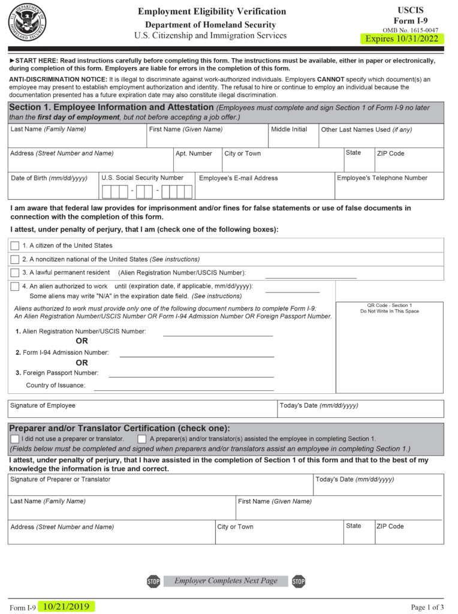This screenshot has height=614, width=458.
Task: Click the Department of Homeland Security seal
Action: pyautogui.click(x=26, y=21)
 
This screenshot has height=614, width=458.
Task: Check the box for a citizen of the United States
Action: pyautogui.click(x=15, y=245)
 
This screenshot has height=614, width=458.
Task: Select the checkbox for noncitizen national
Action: pyautogui.click(x=15, y=259)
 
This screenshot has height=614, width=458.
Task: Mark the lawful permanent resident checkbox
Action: pyautogui.click(x=15, y=273)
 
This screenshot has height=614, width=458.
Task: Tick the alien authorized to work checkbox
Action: pyautogui.click(x=15, y=287)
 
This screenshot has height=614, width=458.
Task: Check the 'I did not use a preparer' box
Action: pyautogui.click(x=15, y=439)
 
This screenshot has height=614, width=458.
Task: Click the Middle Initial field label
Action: pyautogui.click(x=289, y=130)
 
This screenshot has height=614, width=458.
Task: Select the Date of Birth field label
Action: pyautogui.click(x=49, y=178)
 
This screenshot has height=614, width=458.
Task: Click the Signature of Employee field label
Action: pyautogui.click(x=43, y=406)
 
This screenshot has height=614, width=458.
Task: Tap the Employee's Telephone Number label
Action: pyautogui.click(x=382, y=178)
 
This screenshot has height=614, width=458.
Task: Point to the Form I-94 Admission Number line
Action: pyautogui.click(x=197, y=356)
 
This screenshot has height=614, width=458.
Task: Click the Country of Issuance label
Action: pyautogui.click(x=55, y=386)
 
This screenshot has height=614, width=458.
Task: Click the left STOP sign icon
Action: pyautogui.click(x=153, y=581)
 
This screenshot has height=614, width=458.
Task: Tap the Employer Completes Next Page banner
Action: pyautogui.click(x=225, y=581)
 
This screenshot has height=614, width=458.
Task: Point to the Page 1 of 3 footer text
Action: pyautogui.click(x=427, y=607)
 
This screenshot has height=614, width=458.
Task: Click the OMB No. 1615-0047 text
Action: pyautogui.click(x=410, y=30)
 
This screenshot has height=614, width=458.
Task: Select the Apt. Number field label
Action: pyautogui.click(x=194, y=154)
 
